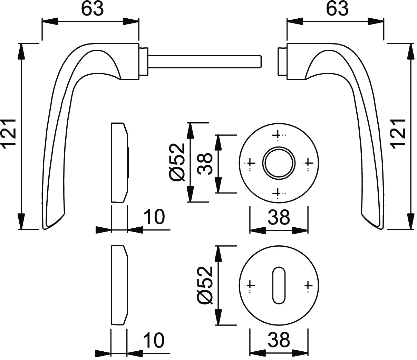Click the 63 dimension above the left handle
93,9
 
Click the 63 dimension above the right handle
337,9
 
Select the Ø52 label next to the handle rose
177,162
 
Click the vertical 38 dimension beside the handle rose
205,164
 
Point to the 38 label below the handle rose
279,217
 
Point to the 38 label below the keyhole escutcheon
279,340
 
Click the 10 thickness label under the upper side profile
155,217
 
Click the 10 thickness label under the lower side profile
154,340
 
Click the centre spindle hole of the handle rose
279,163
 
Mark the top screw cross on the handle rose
278,135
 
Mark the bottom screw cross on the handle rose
278,193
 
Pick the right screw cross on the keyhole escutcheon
308,285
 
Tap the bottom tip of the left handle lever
45,229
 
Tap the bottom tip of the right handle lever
382,229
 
